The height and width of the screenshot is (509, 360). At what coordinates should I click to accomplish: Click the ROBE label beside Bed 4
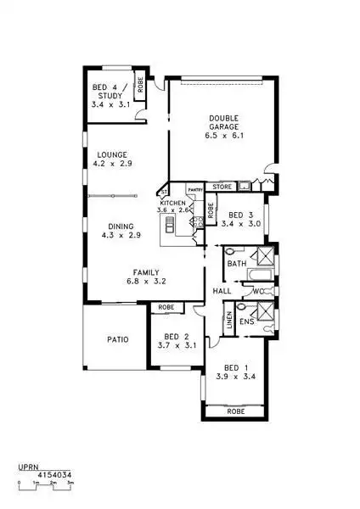pyautogui.click(x=141, y=87)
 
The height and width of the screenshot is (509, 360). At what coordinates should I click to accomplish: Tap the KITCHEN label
pyautogui.click(x=172, y=204)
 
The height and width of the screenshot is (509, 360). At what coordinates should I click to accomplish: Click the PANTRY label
pyautogui.click(x=194, y=189)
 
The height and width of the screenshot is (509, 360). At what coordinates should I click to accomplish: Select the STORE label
pyautogui.click(x=222, y=186)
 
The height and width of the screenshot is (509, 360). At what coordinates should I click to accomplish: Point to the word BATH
pyautogui.click(x=236, y=264)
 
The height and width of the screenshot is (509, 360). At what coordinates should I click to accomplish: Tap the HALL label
pyautogui.click(x=222, y=291)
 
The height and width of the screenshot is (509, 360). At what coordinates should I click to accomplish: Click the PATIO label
pyautogui.click(x=117, y=339)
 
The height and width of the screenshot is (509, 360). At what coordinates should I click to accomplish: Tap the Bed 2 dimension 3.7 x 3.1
pyautogui.click(x=177, y=345)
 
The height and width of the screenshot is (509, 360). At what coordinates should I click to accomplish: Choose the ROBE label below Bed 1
pyautogui.click(x=239, y=411)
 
